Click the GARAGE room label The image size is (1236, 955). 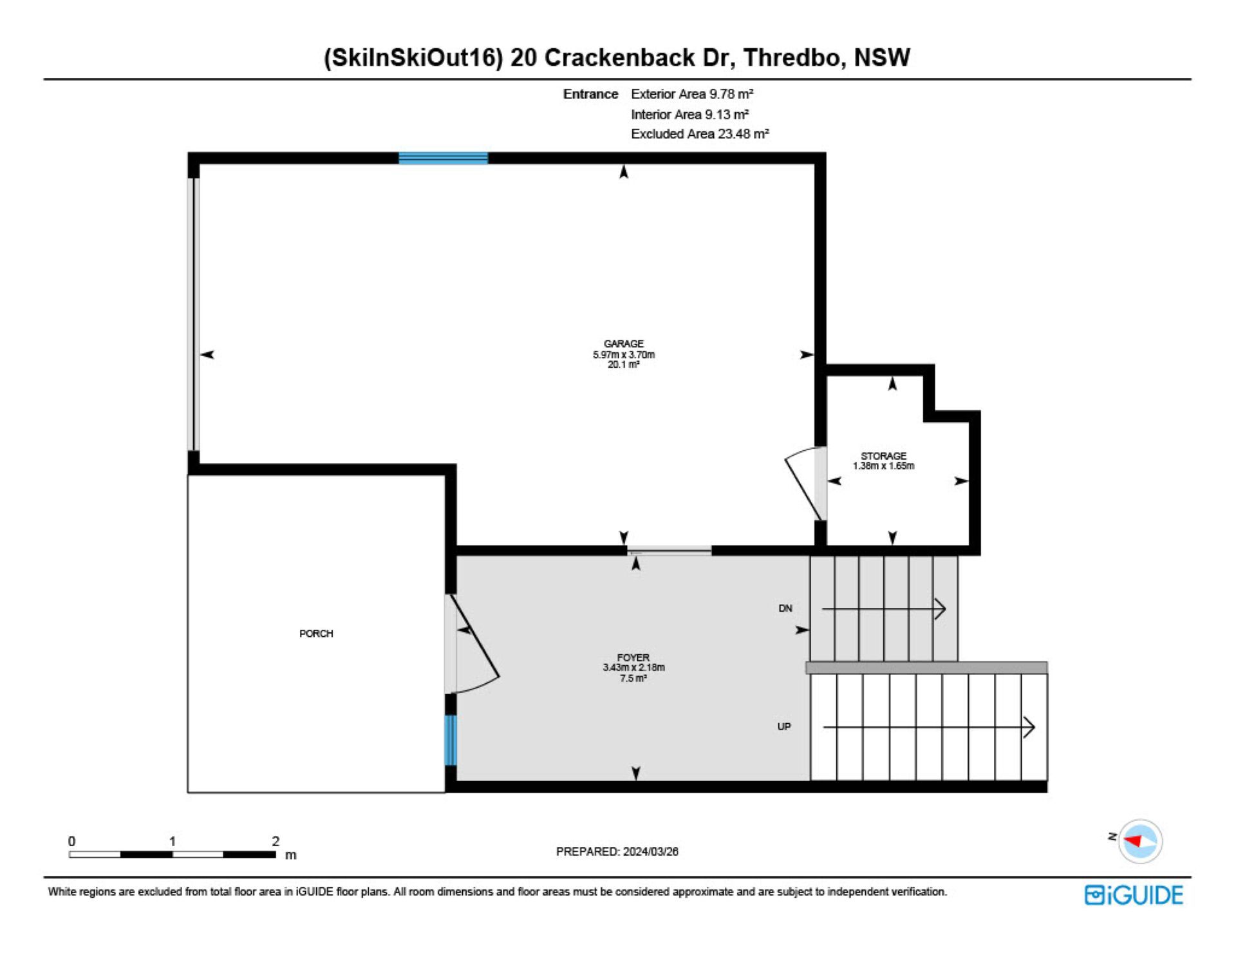click(x=623, y=344)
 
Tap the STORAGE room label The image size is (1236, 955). click(x=883, y=456)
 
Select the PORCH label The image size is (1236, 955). click(x=316, y=634)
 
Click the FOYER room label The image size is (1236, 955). click(x=633, y=657)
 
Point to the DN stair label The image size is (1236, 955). click(x=785, y=608)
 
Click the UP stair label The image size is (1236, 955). click(x=784, y=726)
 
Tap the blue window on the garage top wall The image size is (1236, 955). click(x=443, y=158)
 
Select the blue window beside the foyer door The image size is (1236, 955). click(x=451, y=740)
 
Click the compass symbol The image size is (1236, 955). click(x=1140, y=841)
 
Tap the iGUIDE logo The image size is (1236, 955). click(x=1134, y=895)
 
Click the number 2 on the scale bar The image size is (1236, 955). click(x=276, y=841)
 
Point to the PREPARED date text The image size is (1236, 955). click(x=617, y=851)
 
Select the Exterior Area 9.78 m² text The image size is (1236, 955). click(x=692, y=94)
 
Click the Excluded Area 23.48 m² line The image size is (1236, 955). click(x=700, y=134)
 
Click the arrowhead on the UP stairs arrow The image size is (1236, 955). click(x=1030, y=727)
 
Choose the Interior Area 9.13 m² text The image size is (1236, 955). click(x=689, y=114)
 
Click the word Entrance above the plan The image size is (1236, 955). click(x=590, y=94)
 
